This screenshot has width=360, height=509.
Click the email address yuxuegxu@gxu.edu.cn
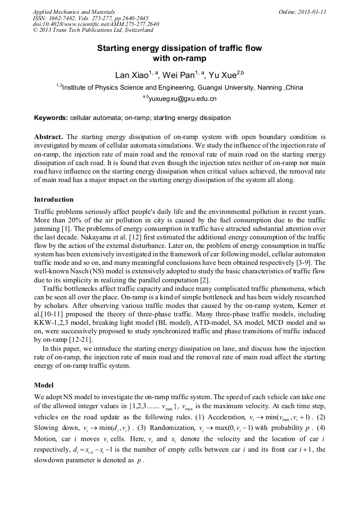183,99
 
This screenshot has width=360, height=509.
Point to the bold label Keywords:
51,117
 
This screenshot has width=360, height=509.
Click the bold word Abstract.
48,136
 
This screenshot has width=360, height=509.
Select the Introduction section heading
54,200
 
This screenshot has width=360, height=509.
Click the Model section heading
44,384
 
